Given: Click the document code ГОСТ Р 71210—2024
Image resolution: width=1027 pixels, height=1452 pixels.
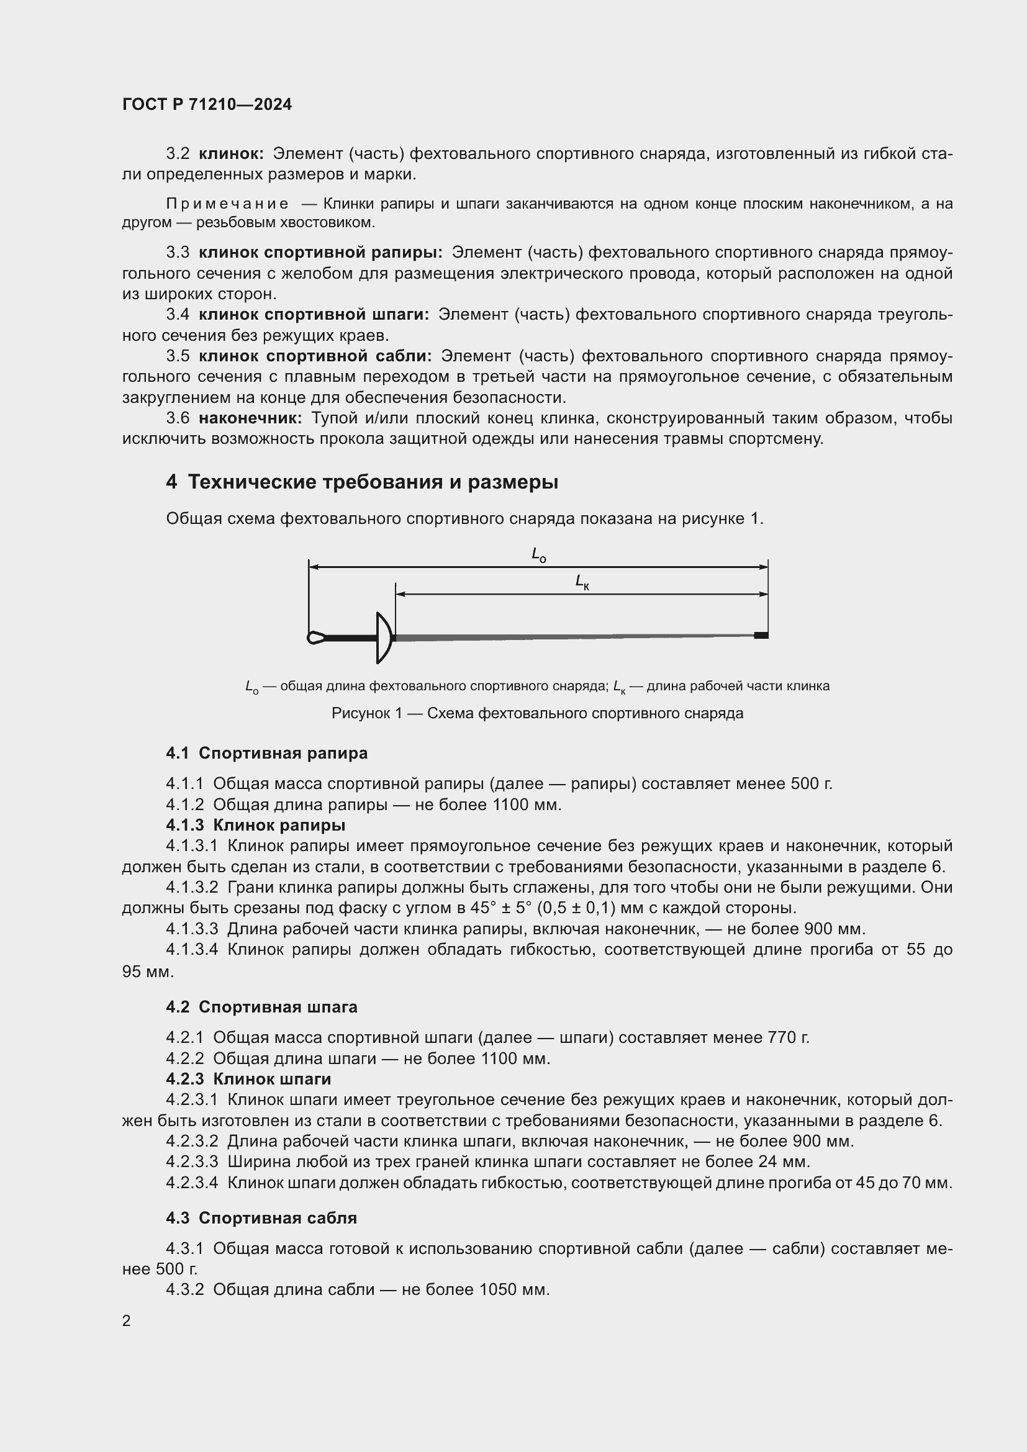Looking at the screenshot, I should pyautogui.click(x=207, y=104).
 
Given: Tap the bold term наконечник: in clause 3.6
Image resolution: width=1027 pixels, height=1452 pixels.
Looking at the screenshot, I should pyautogui.click(x=250, y=418).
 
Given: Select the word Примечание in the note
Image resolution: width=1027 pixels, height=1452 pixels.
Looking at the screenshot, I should pyautogui.click(x=227, y=204).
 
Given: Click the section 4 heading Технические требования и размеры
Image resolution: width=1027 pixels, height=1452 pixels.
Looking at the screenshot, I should pyautogui.click(x=362, y=482).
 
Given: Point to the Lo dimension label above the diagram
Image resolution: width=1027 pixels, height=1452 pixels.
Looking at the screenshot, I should pyautogui.click(x=538, y=555).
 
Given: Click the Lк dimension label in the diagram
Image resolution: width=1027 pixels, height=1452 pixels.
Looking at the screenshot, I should pyautogui.click(x=582, y=581).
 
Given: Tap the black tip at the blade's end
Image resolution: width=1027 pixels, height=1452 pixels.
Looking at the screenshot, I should pyautogui.click(x=761, y=635).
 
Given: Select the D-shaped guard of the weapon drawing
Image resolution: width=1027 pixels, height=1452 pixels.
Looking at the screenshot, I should pyautogui.click(x=384, y=638).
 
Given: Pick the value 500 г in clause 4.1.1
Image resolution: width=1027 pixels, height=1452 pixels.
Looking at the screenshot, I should pyautogui.click(x=811, y=784).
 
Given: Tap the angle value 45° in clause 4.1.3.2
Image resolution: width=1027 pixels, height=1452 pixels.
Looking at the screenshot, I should pyautogui.click(x=484, y=908).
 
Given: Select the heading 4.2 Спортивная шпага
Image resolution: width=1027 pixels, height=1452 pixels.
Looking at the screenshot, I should pyautogui.click(x=261, y=1008).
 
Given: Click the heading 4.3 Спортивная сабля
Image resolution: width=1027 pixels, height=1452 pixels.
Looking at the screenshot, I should pyautogui.click(x=261, y=1218).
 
